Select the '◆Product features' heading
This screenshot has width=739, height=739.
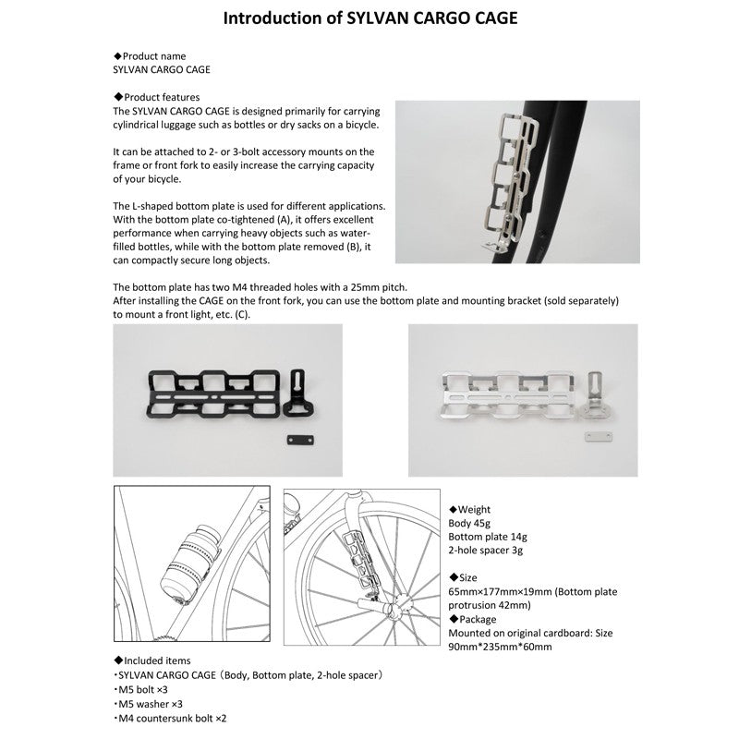156,97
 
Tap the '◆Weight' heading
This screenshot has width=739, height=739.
470,509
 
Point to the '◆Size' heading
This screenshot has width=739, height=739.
466,577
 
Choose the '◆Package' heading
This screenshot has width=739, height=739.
473,618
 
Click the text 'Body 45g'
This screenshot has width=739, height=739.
469,523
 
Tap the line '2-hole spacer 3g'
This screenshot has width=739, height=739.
486,551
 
